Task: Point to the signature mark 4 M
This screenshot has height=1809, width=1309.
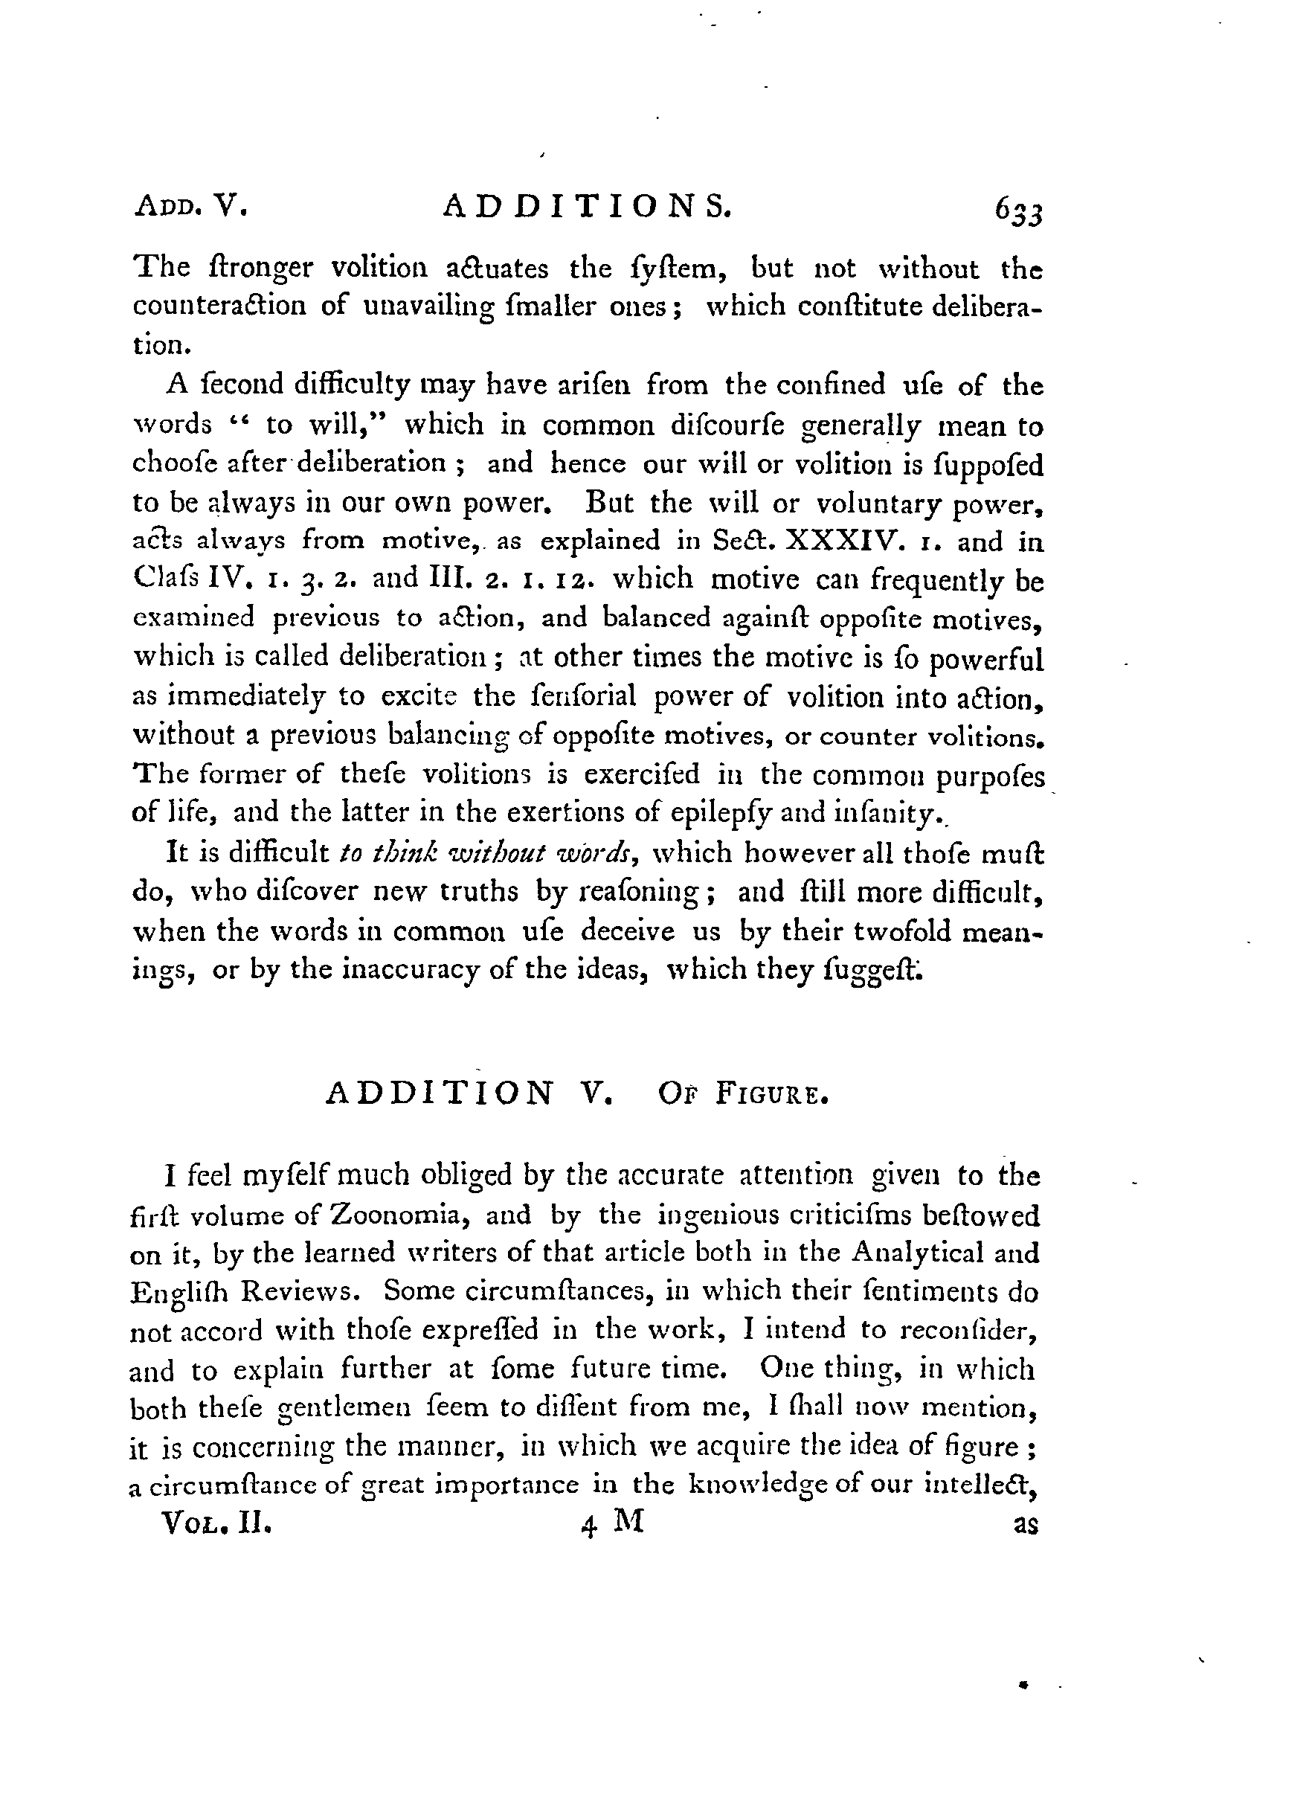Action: pos(613,1523)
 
